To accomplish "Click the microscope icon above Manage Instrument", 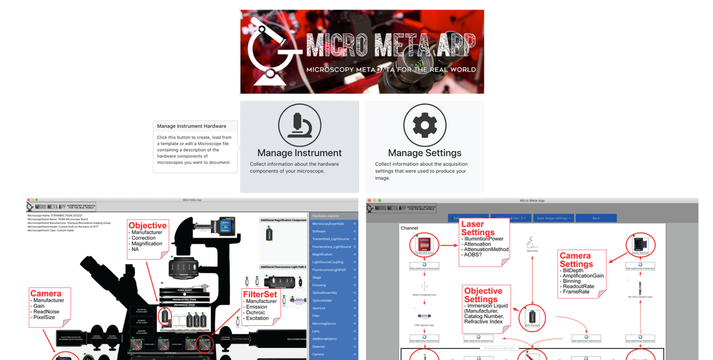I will (300, 125).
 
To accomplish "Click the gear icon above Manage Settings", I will (425, 125).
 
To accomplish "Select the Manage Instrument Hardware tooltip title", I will (192, 126).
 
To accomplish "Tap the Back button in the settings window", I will (596, 218).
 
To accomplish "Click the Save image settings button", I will (553, 218).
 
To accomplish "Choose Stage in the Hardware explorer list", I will (317, 277).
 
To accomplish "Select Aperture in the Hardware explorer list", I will (319, 308).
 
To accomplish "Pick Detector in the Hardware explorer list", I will (319, 346).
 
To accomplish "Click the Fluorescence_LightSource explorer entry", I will (332, 247).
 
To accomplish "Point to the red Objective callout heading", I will (147, 225).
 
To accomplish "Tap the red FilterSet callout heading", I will (260, 295).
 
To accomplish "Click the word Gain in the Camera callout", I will (39, 306).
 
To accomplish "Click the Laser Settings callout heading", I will (478, 228).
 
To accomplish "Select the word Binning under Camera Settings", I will (572, 281).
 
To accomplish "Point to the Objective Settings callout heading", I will (483, 295).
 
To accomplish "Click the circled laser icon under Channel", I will (424, 245).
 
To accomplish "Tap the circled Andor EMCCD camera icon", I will (640, 245).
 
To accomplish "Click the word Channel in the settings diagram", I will (409, 228).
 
